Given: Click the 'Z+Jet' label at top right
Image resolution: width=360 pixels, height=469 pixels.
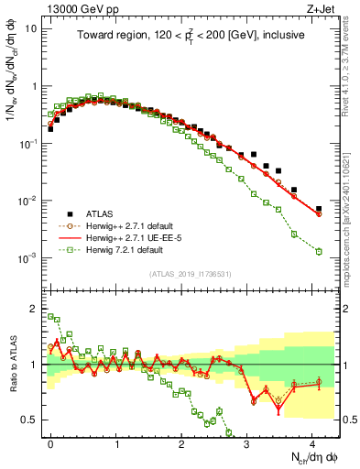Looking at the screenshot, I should [322, 8].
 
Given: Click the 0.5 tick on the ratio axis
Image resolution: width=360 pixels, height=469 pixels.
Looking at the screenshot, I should [30, 420].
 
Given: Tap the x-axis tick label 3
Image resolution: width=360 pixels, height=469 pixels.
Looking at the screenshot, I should [247, 442].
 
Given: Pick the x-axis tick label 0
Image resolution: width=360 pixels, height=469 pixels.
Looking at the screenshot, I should [50, 442].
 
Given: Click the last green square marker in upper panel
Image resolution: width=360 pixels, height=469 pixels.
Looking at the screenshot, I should [319, 251].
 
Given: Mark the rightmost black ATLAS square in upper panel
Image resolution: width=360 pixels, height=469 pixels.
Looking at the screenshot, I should [319, 209].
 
